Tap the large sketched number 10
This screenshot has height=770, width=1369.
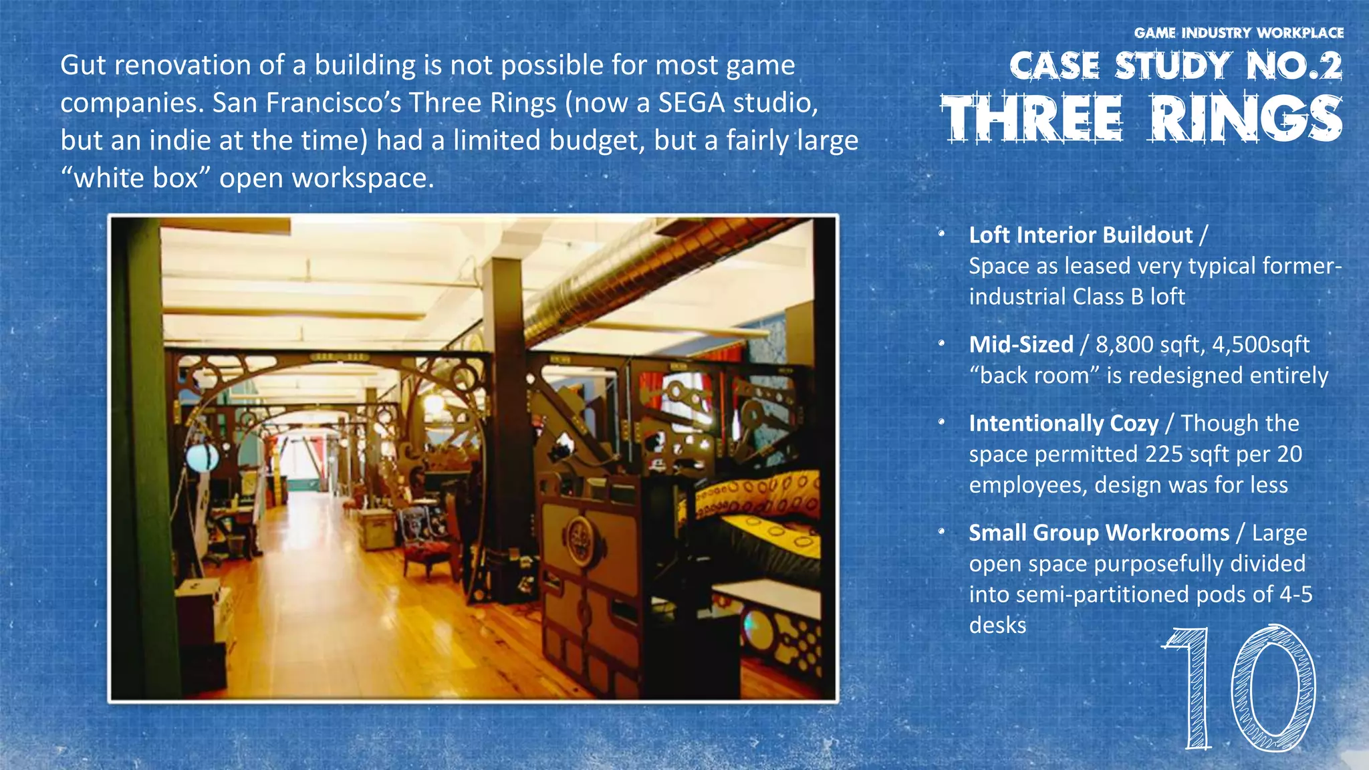point(1239,688)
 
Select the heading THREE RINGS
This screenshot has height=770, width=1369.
point(1142,118)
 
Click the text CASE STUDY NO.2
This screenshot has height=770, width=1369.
point(1176,66)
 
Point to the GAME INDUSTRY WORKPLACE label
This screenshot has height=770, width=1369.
point(1239,33)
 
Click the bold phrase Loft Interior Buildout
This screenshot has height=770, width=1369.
point(1081,235)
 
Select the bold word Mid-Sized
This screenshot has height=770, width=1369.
point(1021,345)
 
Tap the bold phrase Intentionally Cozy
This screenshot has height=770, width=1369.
point(1064,424)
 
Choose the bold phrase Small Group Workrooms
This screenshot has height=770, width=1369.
point(1099,533)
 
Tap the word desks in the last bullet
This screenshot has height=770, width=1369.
point(997,626)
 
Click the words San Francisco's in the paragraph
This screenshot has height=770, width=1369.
point(307,103)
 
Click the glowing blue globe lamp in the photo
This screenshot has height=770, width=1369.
point(202,457)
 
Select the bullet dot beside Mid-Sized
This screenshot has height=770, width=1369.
point(941,344)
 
